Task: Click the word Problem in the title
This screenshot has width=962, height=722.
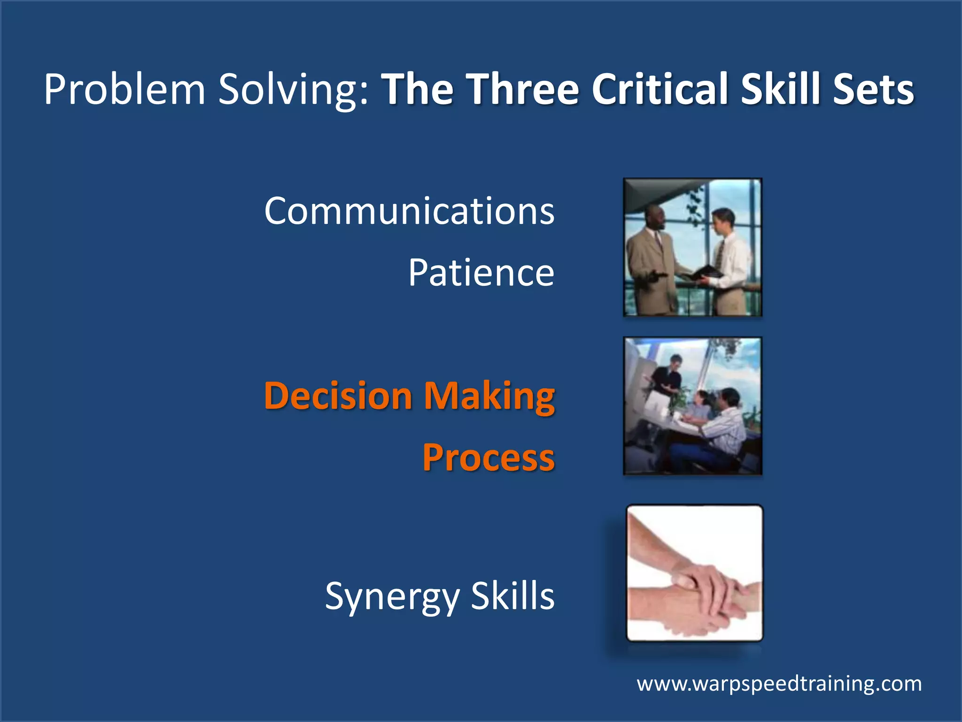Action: point(124,89)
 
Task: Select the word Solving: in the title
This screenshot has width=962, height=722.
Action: point(294,89)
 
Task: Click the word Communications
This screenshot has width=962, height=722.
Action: point(409,211)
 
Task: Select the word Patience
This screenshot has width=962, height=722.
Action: point(481,273)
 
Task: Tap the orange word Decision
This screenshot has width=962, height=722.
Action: point(338,396)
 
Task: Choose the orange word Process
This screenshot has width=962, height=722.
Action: point(489,458)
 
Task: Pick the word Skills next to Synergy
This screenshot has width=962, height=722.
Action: point(512,596)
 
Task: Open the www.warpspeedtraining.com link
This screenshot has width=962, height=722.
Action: point(779,683)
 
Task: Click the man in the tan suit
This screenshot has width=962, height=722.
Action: point(651,263)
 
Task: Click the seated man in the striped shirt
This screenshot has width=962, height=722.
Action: point(726,423)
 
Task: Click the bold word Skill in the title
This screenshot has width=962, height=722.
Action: point(780,89)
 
